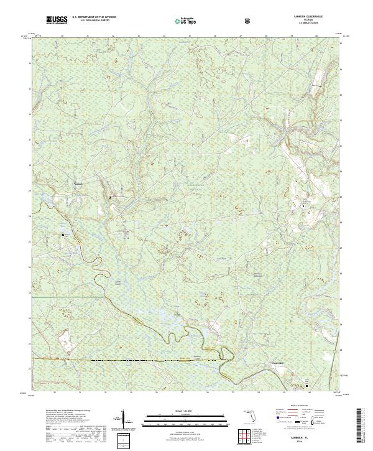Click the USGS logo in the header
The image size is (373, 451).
[57, 21]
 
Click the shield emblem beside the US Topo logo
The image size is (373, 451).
[213, 21]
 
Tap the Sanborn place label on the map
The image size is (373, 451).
[78, 183]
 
